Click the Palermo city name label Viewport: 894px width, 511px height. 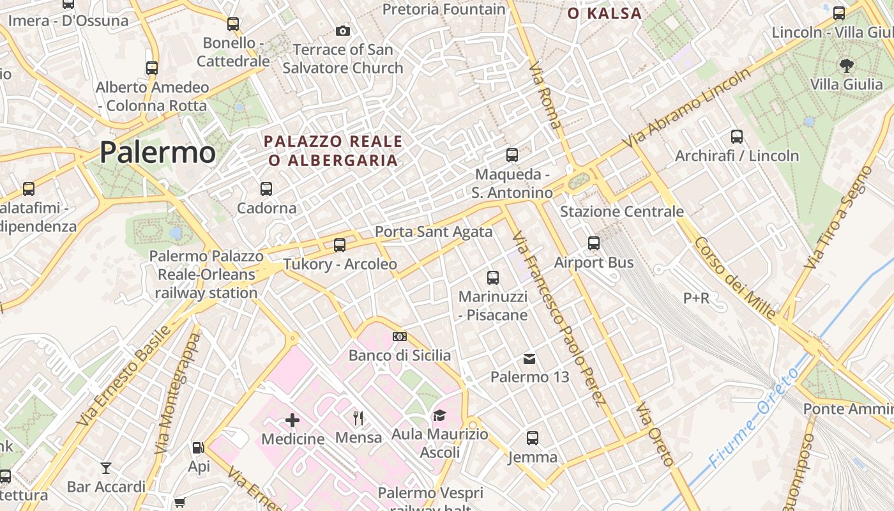(x=158, y=152)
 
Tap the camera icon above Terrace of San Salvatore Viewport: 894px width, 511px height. (x=343, y=31)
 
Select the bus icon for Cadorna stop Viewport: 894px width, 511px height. (x=266, y=189)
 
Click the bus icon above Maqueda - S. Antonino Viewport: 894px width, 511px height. (x=511, y=155)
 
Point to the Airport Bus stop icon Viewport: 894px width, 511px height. (x=594, y=243)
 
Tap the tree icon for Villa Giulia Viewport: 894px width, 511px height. (x=847, y=65)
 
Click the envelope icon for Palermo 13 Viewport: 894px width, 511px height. (x=529, y=358)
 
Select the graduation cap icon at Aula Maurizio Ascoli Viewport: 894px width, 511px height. (x=439, y=416)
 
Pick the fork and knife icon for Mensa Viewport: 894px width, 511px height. (x=358, y=418)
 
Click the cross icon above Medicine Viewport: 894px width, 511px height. (x=292, y=420)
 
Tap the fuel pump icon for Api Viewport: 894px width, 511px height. (x=199, y=448)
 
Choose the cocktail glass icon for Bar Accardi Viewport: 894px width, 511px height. (x=106, y=468)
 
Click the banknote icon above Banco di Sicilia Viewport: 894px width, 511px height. (x=400, y=337)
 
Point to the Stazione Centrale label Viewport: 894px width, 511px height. (x=621, y=211)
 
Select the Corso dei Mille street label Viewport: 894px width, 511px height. (x=735, y=278)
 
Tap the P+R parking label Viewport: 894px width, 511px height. (x=696, y=298)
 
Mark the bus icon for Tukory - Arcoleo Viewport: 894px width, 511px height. (x=340, y=245)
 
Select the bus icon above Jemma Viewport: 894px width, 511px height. (x=533, y=438)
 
